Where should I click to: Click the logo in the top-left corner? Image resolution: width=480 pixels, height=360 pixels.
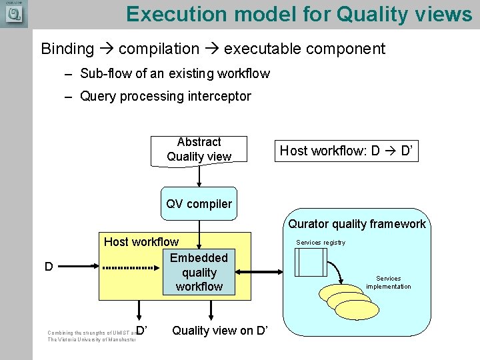(13, 13)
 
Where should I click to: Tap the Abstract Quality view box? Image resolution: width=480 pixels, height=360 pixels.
(199, 149)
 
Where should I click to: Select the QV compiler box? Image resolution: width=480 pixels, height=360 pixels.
(199, 204)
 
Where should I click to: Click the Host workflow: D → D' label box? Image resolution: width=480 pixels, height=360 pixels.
(349, 151)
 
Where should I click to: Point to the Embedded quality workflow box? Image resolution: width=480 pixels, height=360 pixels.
(199, 272)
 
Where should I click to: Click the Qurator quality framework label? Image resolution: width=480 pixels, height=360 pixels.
(357, 224)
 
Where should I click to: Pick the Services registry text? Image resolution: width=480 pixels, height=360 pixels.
(321, 243)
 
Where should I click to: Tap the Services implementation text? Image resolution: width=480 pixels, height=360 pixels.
(389, 283)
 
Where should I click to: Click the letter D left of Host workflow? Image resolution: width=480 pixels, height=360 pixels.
(49, 267)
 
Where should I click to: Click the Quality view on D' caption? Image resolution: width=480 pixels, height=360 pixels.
(220, 330)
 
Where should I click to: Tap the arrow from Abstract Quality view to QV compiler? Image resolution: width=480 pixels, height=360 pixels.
(199, 176)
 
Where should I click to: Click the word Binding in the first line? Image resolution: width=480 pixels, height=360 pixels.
(67, 49)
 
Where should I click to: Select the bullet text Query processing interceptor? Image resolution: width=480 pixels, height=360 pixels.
(165, 96)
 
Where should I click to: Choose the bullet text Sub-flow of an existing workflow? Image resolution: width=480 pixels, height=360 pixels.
(175, 73)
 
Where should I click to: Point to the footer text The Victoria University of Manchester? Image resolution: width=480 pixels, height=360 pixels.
(91, 339)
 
